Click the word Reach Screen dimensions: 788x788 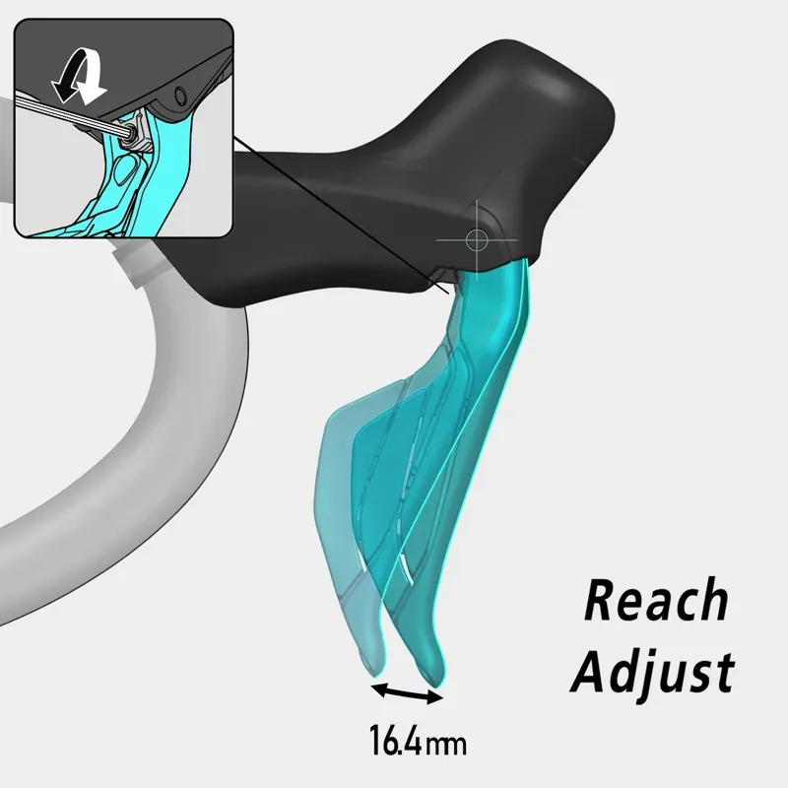[x=657, y=602]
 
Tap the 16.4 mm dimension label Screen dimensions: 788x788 [x=418, y=740]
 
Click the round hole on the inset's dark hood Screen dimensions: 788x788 [x=180, y=97]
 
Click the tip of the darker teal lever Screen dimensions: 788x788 [x=430, y=672]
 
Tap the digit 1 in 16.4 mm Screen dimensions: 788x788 [x=375, y=740]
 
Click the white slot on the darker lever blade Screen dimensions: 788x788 [x=404, y=567]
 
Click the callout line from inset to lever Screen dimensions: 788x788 [x=345, y=217]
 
